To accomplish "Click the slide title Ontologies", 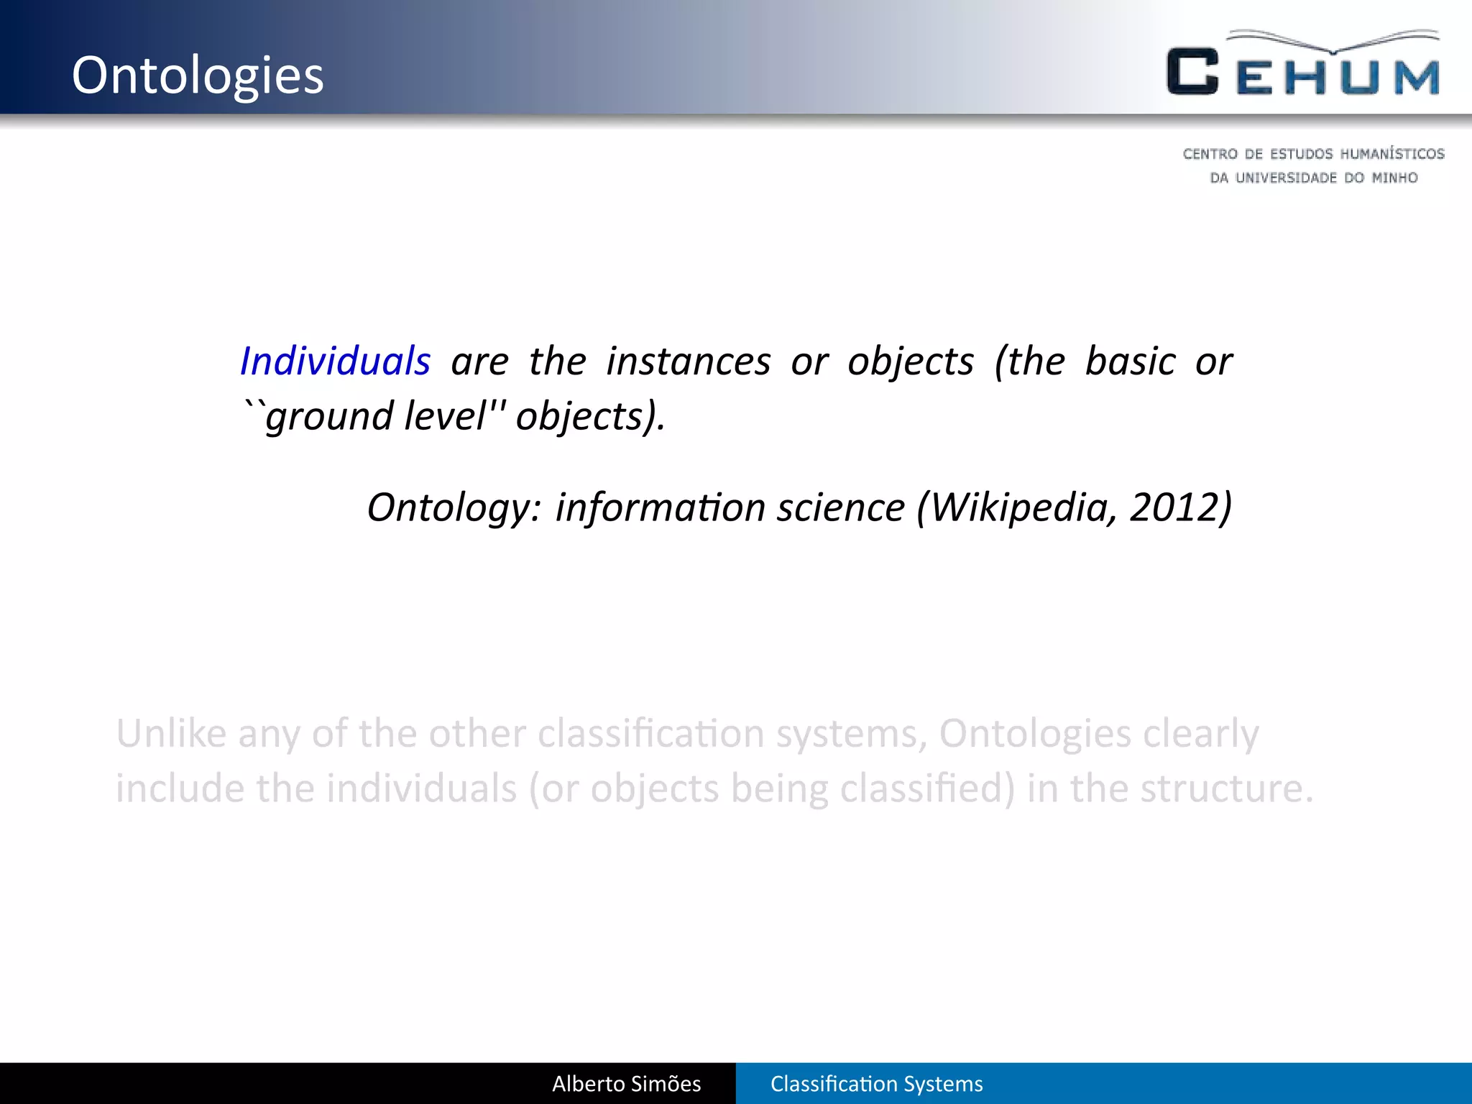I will [198, 75].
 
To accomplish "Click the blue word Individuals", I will [335, 361].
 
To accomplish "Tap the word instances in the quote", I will [688, 361].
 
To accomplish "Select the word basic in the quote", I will [1130, 361].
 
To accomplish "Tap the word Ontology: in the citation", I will [454, 507].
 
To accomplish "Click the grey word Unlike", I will [171, 734].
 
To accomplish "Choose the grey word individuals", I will [422, 788].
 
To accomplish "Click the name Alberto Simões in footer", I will [626, 1084].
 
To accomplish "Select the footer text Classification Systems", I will [876, 1084].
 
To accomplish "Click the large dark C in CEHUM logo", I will [1192, 72].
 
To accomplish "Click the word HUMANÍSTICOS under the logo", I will [1391, 154].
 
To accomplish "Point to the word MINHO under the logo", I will [1394, 178].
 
